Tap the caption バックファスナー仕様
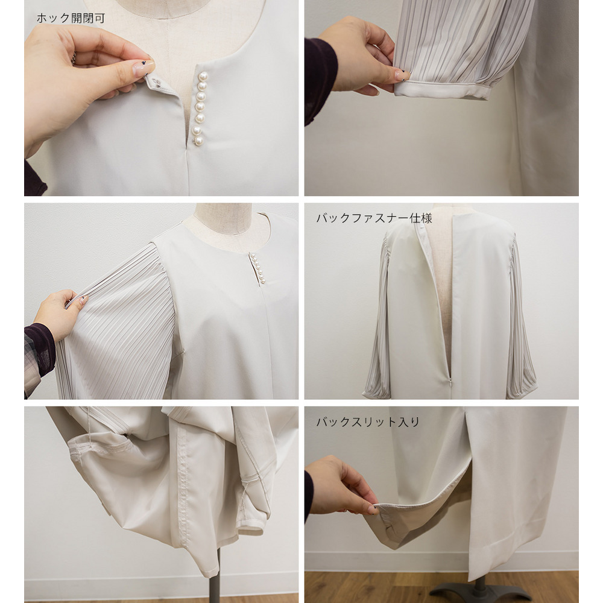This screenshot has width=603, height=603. [374, 218]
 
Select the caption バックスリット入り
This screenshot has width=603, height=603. [368, 422]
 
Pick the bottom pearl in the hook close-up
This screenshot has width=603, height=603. [198, 141]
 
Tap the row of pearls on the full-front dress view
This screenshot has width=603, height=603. [257, 269]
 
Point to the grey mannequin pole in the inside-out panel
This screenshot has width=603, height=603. [216, 573]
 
